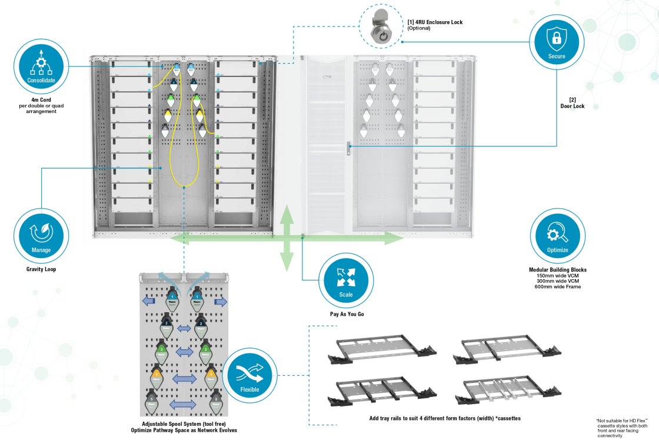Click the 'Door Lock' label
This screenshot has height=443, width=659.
[x=572, y=107]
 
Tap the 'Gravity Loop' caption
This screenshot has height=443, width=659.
[x=41, y=269]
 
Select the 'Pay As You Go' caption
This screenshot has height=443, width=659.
[x=347, y=314]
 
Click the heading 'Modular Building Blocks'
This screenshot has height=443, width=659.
[x=557, y=270]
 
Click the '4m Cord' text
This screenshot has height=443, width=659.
[x=41, y=100]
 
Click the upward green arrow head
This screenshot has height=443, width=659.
[x=287, y=214]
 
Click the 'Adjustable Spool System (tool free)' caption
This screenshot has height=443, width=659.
[x=184, y=424]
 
